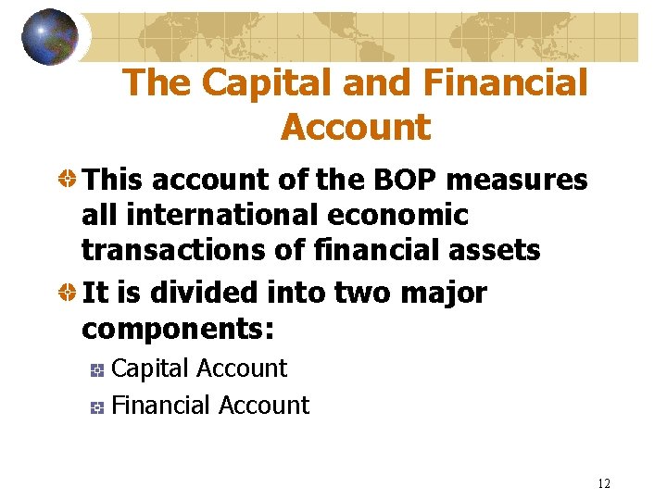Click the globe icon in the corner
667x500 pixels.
tap(50, 37)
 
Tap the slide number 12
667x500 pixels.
tap(604, 483)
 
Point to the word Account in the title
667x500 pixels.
tap(356, 127)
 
